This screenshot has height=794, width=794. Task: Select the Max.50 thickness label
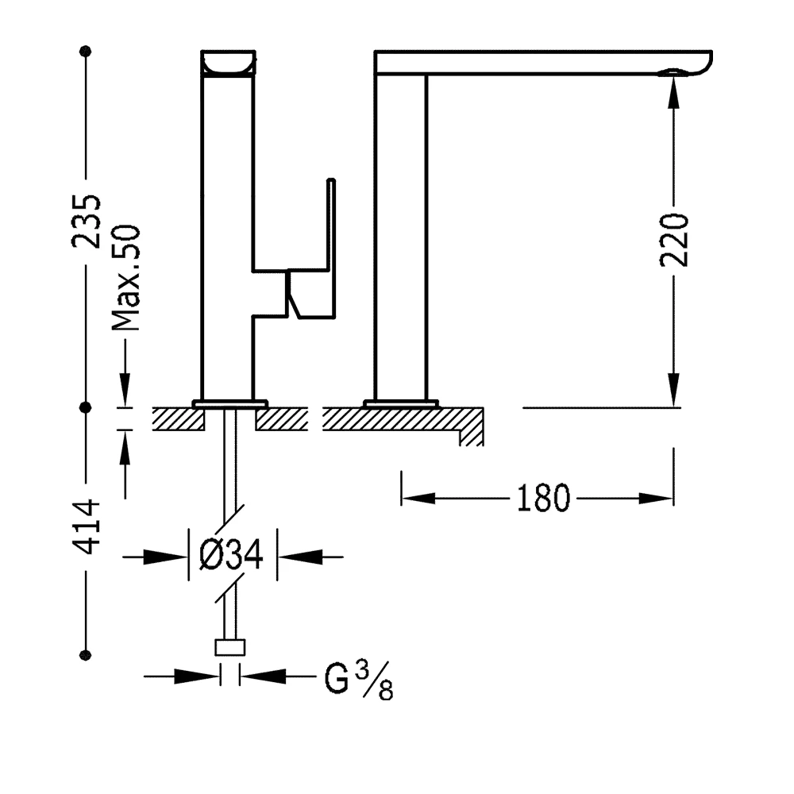click(125, 277)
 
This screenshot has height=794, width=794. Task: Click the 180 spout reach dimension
click(543, 499)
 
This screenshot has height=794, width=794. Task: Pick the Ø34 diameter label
click(231, 556)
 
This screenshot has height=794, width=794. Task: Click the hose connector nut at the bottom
click(230, 647)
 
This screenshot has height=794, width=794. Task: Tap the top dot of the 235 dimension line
click(86, 52)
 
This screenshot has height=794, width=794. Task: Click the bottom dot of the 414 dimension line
click(86, 655)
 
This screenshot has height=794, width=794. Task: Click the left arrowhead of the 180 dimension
click(417, 499)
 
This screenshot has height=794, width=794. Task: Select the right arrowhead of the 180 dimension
click(659, 499)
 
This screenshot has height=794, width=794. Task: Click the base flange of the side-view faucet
click(400, 403)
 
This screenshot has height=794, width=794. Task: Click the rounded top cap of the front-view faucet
click(229, 63)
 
